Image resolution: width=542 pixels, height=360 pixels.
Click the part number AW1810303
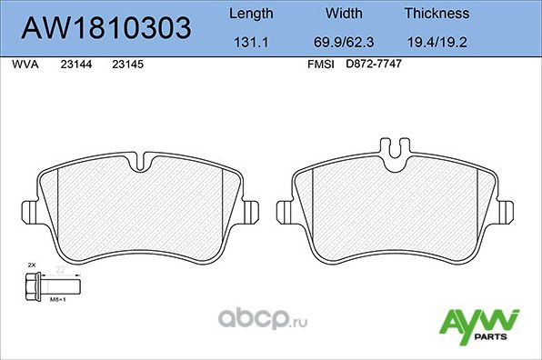(105, 28)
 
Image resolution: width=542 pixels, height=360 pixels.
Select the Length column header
(249, 14)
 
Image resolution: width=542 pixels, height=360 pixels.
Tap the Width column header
(345, 14)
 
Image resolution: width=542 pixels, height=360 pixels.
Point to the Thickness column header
(437, 14)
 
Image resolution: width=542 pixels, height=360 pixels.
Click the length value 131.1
(249, 42)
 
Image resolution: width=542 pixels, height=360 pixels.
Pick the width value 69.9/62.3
(345, 42)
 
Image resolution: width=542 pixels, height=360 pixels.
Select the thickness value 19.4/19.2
(437, 42)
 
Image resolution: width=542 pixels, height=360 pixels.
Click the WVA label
(24, 65)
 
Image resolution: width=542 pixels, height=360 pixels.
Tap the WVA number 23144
(75, 65)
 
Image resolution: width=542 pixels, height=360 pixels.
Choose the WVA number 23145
(125, 65)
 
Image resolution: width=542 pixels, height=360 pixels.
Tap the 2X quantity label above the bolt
(31, 264)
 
